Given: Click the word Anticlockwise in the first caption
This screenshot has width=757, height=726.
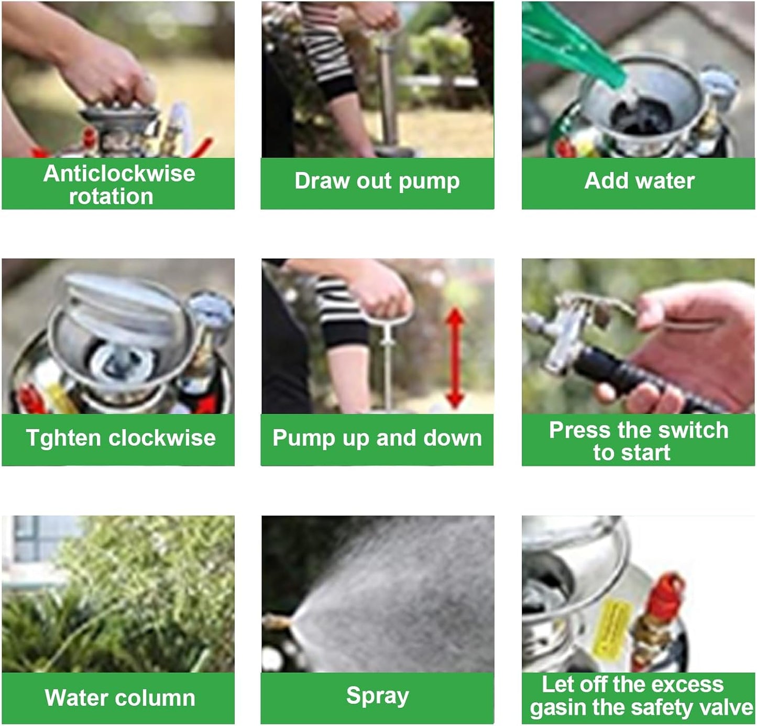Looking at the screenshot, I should coord(119,173).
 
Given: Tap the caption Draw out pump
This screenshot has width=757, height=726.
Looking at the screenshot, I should coord(377,181).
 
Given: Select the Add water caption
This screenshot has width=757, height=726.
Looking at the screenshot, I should coord(639,181).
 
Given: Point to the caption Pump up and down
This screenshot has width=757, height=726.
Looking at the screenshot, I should coord(377,438).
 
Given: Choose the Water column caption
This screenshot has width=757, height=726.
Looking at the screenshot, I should coord(119,698).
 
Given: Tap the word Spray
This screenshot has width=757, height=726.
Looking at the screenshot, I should coord(377,696).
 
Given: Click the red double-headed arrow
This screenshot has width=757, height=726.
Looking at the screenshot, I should coord(455,359).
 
